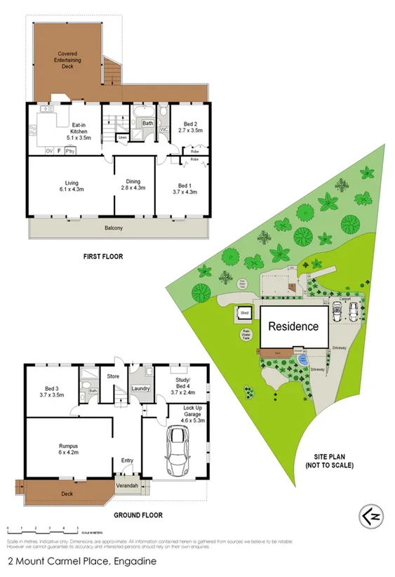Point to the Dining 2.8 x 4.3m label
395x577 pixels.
[133, 184]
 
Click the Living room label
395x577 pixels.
[71, 186]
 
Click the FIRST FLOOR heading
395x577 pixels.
[103, 257]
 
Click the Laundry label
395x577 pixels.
[142, 389]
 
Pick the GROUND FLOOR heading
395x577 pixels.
[138, 515]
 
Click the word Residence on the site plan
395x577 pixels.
[294, 326]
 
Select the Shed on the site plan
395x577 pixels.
[245, 313]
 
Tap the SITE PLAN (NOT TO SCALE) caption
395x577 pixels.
[330, 460]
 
